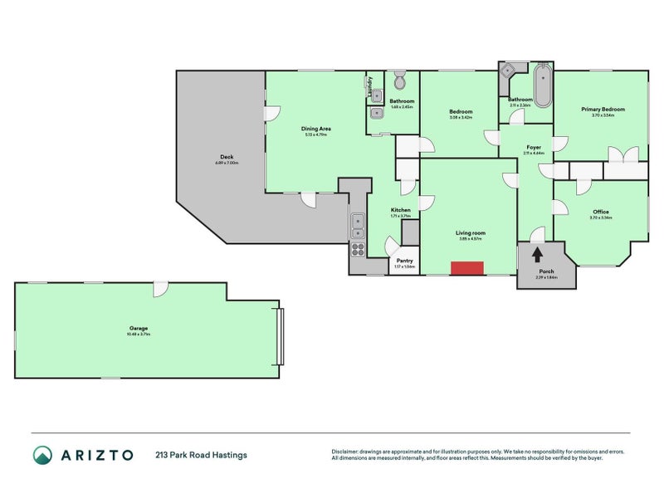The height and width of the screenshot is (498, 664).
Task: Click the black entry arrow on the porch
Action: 537,255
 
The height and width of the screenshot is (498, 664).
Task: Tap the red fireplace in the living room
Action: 467,267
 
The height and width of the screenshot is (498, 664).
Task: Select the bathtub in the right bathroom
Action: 542,85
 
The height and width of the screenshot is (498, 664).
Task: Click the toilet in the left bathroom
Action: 399,81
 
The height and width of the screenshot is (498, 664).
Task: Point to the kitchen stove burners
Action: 358,247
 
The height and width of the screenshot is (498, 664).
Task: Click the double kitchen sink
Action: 357,222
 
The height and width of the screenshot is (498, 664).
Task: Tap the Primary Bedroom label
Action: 603,110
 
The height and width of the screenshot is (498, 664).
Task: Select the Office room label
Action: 601,212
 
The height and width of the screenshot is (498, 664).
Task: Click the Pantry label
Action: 404,261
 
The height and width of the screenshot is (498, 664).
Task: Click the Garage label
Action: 138,329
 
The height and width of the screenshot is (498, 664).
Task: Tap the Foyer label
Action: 534,148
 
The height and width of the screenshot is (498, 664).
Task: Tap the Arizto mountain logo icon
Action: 42,454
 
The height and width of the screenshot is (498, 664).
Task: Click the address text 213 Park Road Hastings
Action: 200,455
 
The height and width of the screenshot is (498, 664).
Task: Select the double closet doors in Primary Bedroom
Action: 622,155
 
